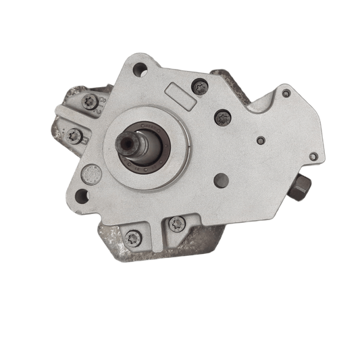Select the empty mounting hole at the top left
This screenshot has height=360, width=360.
(140, 68)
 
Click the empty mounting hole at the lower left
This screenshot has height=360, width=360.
(82, 197)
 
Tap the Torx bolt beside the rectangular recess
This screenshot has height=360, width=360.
(199, 86)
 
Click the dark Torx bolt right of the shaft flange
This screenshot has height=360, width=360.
(223, 118)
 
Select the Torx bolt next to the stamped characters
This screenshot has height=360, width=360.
(89, 101)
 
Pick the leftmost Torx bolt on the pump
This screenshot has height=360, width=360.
(74, 136)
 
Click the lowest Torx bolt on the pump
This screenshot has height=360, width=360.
(134, 238)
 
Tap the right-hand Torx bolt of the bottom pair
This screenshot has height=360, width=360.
(177, 224)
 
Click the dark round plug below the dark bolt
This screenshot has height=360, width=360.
(220, 180)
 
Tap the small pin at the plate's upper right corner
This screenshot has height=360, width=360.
(286, 94)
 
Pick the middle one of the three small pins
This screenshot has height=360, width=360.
(261, 141)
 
